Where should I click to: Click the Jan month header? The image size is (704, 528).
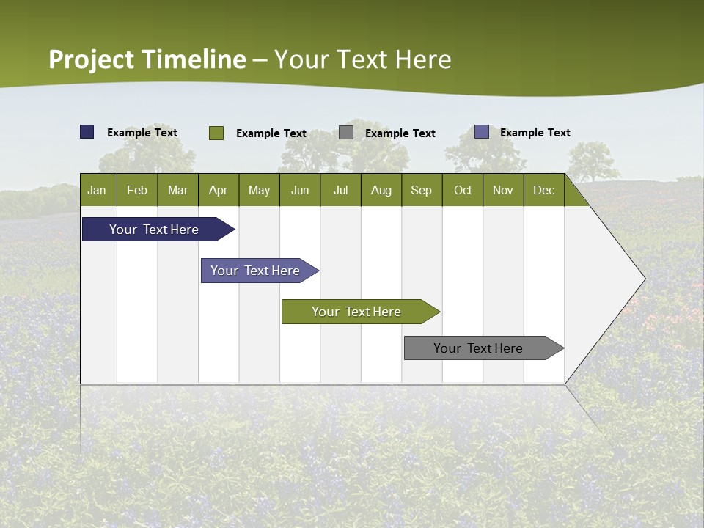(97, 190)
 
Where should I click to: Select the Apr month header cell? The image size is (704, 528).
(218, 190)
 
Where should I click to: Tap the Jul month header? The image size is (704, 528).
(340, 190)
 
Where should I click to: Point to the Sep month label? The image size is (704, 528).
(421, 190)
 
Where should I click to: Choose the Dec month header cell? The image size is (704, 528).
(543, 190)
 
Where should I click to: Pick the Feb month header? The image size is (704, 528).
(137, 190)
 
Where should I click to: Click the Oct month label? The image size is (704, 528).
(463, 190)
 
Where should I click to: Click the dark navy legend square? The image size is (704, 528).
(87, 132)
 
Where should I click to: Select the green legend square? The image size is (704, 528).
(216, 133)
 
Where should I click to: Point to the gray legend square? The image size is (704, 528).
(346, 133)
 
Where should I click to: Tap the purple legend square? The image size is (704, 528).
(482, 132)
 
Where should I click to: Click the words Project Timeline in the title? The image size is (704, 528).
(147, 59)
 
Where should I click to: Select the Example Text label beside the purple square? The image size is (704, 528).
(535, 133)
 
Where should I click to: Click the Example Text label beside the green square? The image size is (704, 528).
(271, 133)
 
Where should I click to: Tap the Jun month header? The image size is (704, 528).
(300, 190)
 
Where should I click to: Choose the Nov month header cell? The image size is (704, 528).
(503, 190)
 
